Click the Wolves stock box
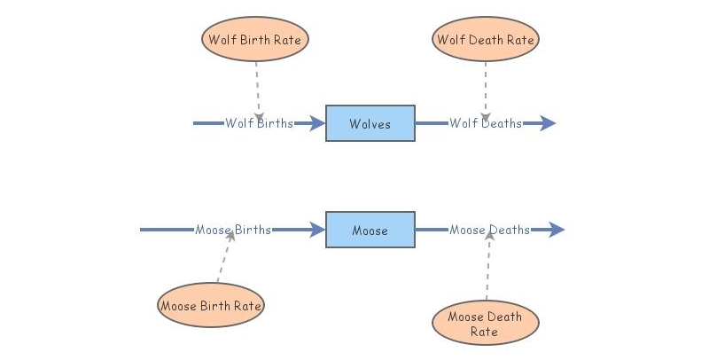coord(370,123)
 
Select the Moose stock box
coord(370,230)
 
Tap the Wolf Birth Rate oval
coord(255,39)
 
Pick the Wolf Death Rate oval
coord(486,39)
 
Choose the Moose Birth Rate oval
coord(211,306)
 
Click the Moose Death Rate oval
coord(485,325)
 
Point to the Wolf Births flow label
coord(259,123)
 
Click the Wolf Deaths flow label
coord(485,123)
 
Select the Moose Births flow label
coord(233,231)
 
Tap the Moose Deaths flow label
coord(489,231)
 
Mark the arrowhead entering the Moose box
coord(317,230)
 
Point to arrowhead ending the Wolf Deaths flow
coord(548,123)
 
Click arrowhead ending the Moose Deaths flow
coord(556,230)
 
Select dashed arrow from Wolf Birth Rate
coord(257,89)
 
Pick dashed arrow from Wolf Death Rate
coord(486,89)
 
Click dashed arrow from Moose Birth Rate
coord(223,259)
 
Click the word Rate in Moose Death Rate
coord(485,333)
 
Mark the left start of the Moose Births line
coord(143,230)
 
